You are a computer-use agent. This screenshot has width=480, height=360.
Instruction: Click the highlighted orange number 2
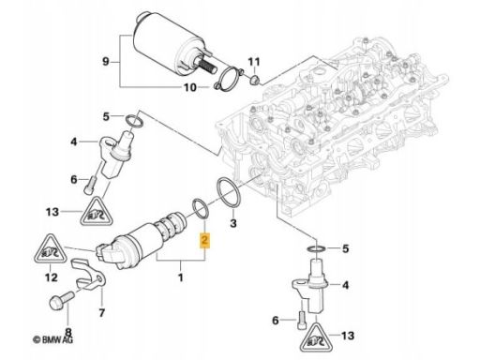[205, 240]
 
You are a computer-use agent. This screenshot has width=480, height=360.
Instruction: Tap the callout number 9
[106, 61]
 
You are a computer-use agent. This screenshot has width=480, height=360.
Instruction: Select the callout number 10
[190, 87]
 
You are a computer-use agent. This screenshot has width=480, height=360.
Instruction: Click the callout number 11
[254, 62]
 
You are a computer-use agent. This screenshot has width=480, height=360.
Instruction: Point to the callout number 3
[233, 223]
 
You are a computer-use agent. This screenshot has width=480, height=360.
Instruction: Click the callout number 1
[180, 277]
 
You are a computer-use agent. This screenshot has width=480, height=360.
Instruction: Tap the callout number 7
[102, 312]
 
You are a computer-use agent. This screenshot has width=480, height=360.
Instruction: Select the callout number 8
[68, 331]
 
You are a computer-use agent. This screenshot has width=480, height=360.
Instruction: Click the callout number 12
[52, 277]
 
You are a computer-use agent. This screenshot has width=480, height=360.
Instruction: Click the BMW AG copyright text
[52, 339]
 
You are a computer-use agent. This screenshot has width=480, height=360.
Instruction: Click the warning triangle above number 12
[51, 250]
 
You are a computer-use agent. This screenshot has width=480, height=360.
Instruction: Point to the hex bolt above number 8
[62, 298]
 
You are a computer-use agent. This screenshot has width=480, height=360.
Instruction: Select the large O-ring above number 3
[229, 192]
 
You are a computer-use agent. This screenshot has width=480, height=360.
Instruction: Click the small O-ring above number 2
[201, 208]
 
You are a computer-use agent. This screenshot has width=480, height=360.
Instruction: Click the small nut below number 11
[255, 80]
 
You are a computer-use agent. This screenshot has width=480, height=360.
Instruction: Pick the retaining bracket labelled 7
[88, 274]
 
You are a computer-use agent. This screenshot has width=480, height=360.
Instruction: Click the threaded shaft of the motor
[207, 66]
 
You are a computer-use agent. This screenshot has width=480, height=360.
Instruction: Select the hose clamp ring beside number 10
[230, 79]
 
